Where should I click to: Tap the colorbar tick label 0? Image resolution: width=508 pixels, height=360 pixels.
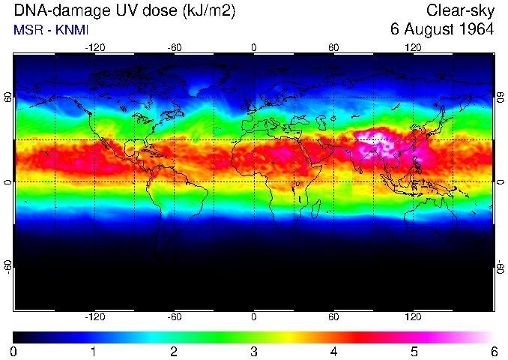13,351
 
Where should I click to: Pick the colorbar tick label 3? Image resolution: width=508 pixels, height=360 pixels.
254,351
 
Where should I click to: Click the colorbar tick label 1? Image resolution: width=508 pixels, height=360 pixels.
94,351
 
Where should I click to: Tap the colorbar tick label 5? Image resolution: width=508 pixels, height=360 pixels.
414,351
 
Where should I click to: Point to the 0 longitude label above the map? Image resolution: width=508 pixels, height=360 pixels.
254,47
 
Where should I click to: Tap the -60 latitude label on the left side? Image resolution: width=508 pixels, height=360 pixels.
7,266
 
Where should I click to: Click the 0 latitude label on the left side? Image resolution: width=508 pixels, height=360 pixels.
7,182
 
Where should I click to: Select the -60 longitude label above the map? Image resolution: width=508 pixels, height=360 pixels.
174,47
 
